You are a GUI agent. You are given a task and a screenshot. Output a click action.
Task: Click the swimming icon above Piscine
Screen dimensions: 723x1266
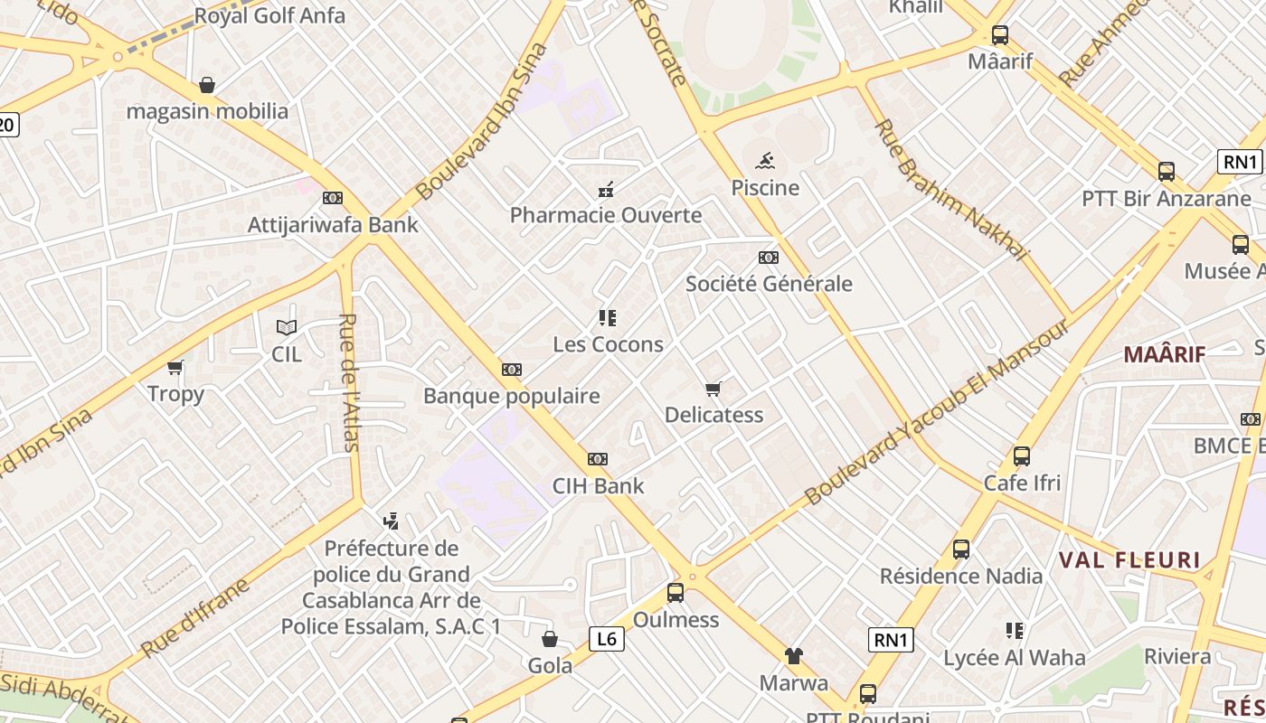point(765,162)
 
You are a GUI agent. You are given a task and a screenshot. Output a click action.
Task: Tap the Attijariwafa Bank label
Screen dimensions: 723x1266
point(333,225)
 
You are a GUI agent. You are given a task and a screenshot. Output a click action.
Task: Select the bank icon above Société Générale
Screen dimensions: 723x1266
point(769,258)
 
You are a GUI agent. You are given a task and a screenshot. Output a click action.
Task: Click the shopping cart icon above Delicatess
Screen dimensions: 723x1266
point(713,390)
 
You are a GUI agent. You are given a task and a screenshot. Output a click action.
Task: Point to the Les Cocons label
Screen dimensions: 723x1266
point(608,344)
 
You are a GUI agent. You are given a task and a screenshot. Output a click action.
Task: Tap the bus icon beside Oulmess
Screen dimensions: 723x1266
point(676,593)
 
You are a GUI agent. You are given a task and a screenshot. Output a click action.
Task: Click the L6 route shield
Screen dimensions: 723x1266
point(607,639)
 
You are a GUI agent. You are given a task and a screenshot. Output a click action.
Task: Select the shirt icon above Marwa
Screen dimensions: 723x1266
point(793,656)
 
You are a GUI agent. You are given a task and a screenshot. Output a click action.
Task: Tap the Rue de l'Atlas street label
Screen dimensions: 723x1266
point(349,381)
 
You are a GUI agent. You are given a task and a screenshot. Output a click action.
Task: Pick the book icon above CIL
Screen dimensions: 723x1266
point(287,328)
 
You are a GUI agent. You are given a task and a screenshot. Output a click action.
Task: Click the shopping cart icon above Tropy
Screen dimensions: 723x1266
point(175,368)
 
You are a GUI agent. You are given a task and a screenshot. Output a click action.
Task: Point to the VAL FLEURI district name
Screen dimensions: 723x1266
point(1129,560)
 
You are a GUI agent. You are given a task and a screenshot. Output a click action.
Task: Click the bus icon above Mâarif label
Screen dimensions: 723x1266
point(1000,35)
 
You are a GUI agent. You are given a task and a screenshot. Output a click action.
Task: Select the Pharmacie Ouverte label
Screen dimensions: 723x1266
point(606,215)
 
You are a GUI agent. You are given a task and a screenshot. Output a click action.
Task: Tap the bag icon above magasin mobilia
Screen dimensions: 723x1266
point(207,86)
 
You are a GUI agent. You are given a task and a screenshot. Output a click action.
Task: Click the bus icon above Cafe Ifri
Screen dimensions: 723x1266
point(1022,456)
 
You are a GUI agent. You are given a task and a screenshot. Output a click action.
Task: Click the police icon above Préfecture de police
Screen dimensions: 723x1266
point(391,521)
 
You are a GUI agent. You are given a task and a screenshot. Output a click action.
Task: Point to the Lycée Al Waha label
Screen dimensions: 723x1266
point(1015,658)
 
